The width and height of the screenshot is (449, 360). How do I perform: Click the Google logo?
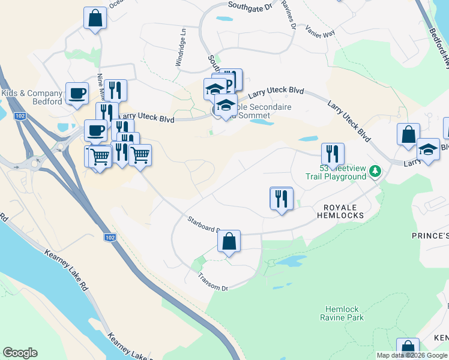[20, 353]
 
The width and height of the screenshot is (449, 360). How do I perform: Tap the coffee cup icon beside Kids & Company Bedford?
[77, 93]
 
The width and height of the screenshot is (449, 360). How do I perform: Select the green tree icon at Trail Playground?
[376, 172]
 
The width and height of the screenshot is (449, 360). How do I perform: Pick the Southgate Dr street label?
[250, 6]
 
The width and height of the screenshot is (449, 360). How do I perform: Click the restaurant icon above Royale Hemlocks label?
[281, 199]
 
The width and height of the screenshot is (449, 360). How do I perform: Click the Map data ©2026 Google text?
[412, 355]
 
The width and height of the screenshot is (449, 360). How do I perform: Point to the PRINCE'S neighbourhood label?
[430, 236]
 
